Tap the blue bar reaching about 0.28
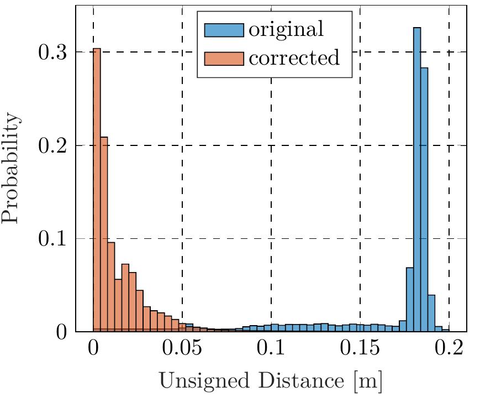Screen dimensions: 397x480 point(424,200)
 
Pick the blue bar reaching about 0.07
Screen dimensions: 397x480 point(410,299)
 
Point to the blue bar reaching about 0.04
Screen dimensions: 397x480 point(431,313)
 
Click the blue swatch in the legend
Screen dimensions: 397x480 point(224,30)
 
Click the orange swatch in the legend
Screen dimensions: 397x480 point(224,57)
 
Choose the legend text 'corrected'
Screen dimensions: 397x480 point(294,57)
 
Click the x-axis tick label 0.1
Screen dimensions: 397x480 point(271,350)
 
